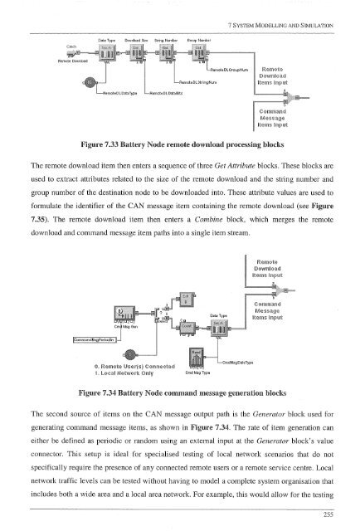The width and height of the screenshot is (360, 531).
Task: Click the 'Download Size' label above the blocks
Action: pos(135,40)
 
